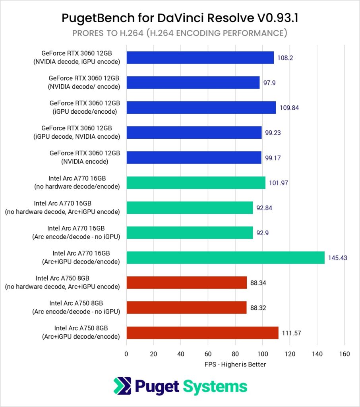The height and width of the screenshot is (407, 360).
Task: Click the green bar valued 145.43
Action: [225, 258]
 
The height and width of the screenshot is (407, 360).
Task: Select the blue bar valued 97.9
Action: [193, 83]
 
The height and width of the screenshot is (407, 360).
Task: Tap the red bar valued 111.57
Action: [202, 333]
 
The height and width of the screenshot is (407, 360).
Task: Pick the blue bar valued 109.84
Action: [201, 108]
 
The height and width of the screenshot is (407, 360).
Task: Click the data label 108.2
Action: [285, 58]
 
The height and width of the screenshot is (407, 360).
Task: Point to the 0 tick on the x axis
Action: [126, 354]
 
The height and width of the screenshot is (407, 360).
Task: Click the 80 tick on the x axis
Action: [235, 354]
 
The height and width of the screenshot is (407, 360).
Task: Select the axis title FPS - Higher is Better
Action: [235, 364]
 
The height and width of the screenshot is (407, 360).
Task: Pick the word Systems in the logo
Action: [215, 386]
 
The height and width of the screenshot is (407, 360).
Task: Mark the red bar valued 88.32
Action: [186, 308]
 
